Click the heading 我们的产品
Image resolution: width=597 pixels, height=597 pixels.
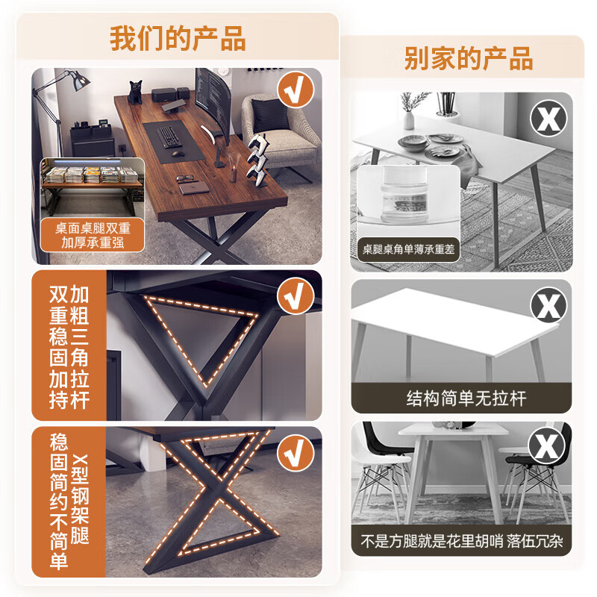pyautogui.click(x=178, y=39)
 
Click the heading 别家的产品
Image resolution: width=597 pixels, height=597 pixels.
pyautogui.click(x=468, y=58)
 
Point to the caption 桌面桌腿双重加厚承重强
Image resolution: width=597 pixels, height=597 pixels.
pyautogui.click(x=93, y=235)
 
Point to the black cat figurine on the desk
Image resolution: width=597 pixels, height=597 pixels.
pyautogui.click(x=136, y=92)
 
